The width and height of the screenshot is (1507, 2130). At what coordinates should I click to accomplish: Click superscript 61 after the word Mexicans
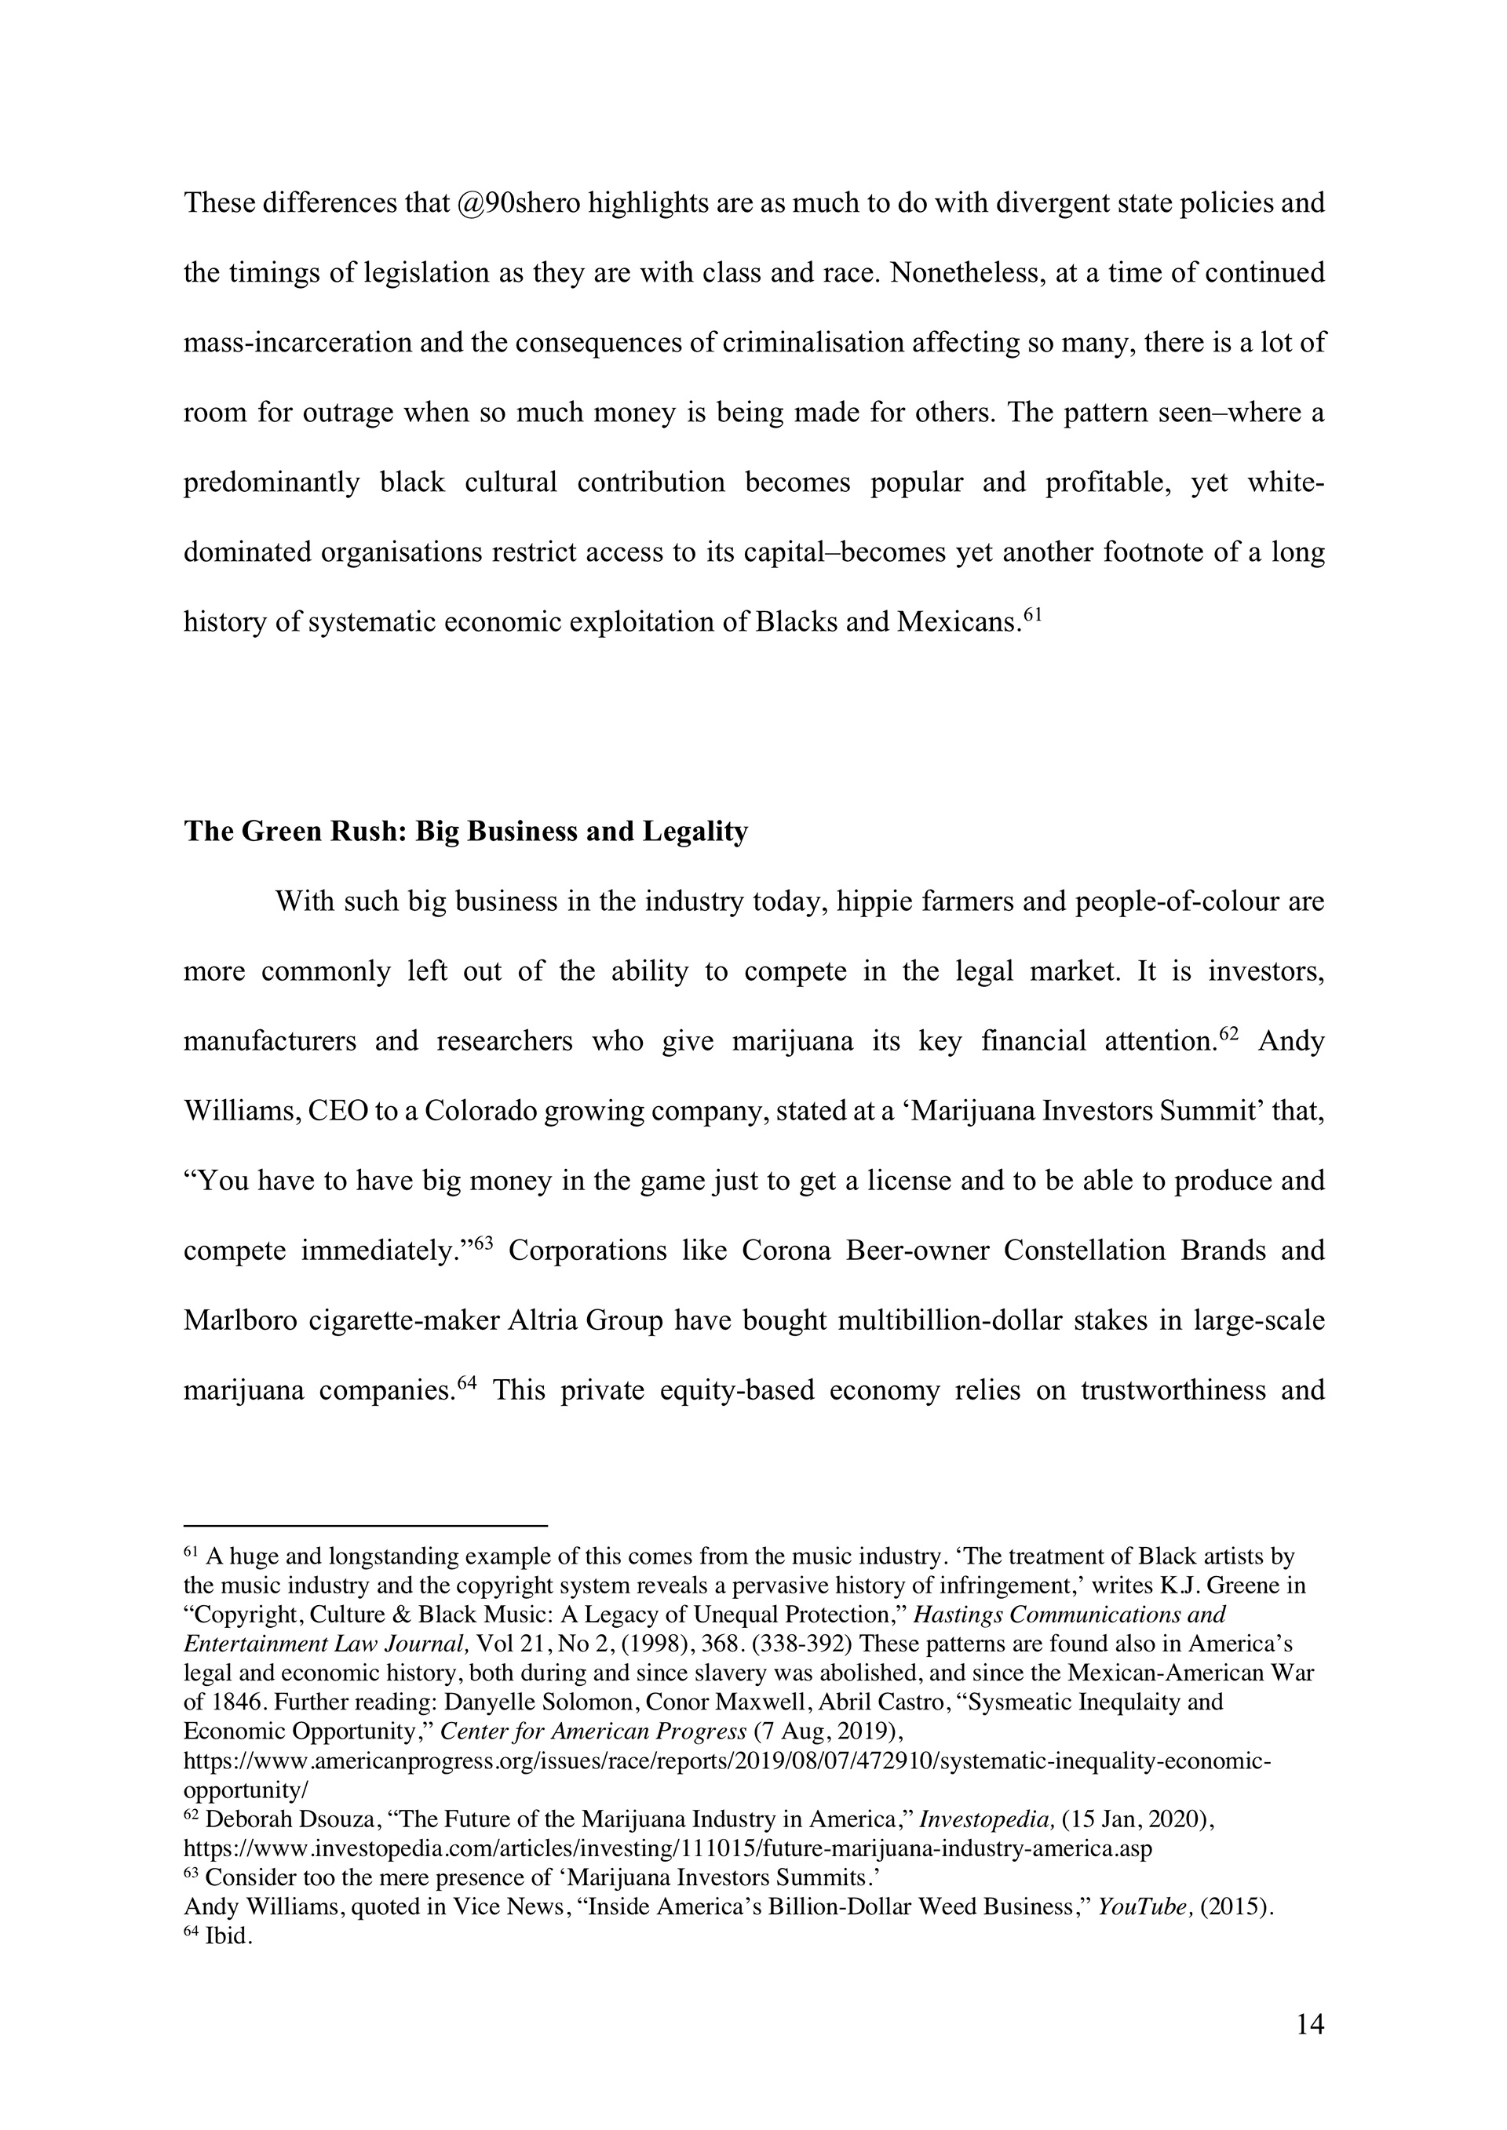1033,614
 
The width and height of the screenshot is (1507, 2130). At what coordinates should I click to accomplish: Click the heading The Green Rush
465,832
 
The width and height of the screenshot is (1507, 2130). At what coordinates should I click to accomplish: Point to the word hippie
875,901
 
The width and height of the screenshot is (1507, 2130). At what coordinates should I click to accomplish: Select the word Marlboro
240,1320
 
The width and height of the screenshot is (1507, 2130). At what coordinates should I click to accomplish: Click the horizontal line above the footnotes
366,1524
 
